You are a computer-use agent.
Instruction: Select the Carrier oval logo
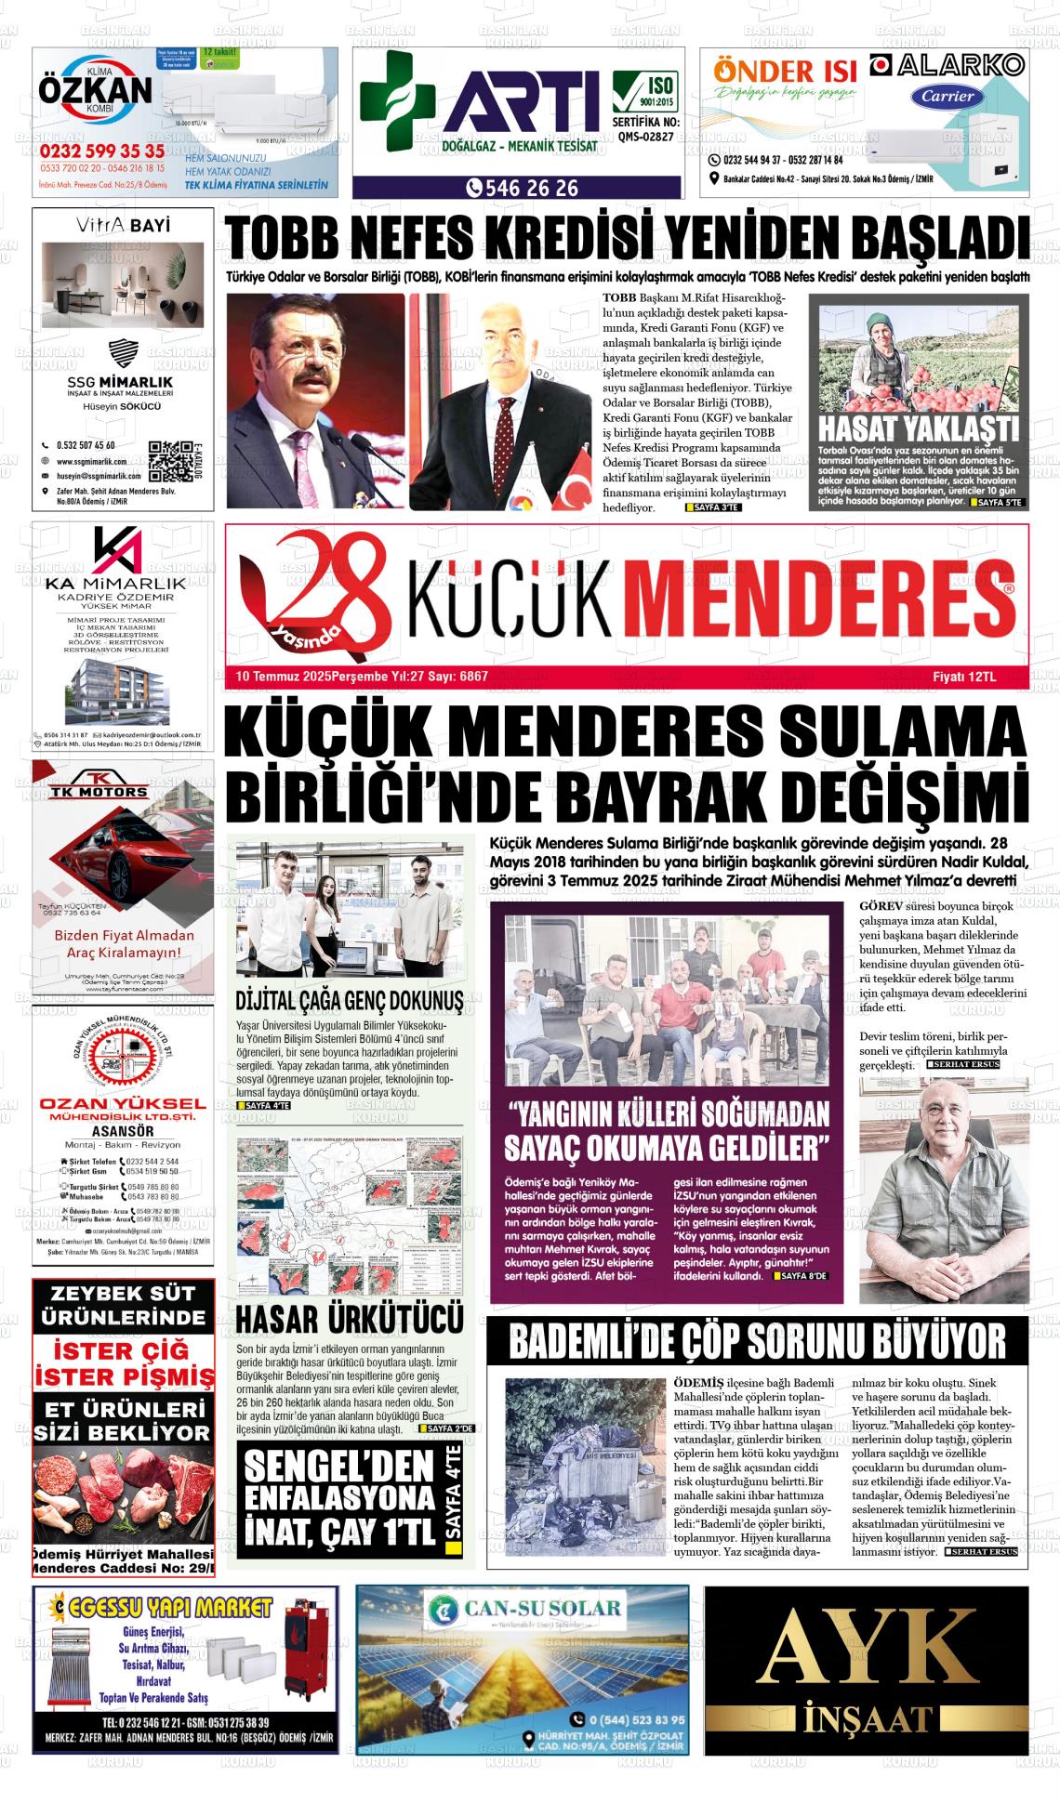tap(947, 96)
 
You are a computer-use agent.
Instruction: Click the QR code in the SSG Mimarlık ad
tap(168, 459)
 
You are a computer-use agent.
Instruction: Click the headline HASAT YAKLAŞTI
tap(918, 429)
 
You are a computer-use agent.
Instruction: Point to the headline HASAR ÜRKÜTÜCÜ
tap(350, 1320)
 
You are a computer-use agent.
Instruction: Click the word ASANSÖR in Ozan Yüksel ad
tap(123, 1131)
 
